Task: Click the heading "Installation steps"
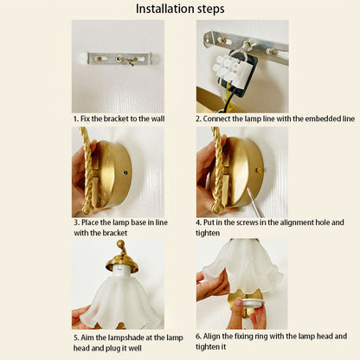pos(180,9)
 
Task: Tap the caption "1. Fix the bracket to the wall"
pos(119,119)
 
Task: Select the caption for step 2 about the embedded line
pos(275,119)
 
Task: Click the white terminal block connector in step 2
pos(228,67)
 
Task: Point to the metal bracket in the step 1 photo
pos(120,59)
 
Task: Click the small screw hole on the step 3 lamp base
pos(125,173)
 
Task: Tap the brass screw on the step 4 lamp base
pos(259,170)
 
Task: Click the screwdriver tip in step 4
pos(247,190)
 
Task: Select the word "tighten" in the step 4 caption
pos(208,233)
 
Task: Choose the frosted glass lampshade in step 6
pos(242,265)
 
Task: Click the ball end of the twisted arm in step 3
pos(87,209)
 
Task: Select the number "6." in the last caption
pos(198,337)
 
